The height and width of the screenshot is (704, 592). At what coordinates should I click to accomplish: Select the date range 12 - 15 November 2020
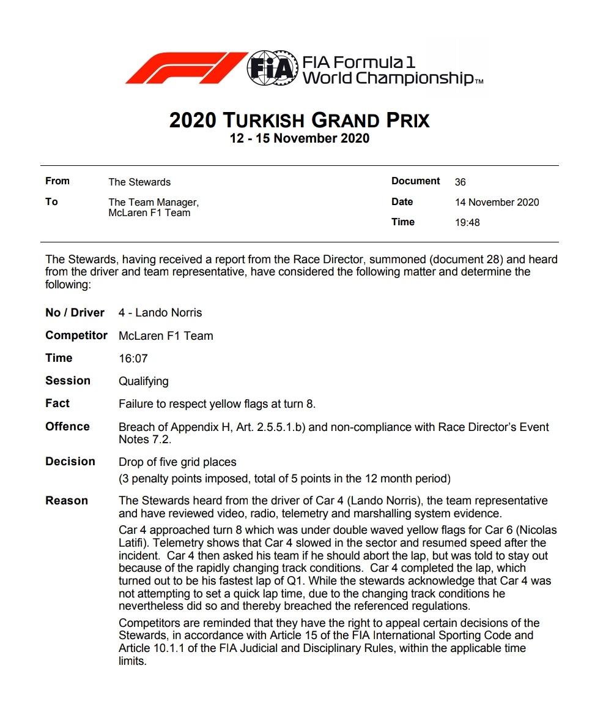(300, 138)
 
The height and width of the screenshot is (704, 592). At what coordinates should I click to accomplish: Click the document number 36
(461, 182)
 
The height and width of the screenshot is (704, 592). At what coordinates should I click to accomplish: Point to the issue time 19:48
(467, 223)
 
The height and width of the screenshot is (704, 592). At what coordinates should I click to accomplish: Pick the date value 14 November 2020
(497, 202)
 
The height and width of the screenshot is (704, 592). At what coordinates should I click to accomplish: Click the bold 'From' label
(57, 181)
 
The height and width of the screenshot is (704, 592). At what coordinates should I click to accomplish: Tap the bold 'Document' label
(415, 181)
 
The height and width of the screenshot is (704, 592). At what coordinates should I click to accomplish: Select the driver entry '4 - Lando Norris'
(160, 313)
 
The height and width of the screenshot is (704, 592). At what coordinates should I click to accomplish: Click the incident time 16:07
(133, 359)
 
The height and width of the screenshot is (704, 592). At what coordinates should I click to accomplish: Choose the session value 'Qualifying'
(143, 381)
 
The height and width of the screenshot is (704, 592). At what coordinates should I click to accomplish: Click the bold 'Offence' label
(67, 427)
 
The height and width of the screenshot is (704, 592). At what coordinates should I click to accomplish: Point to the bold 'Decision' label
(70, 462)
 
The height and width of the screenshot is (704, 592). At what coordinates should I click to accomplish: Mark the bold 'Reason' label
(67, 501)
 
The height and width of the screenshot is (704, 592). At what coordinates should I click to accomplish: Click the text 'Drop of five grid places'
(177, 462)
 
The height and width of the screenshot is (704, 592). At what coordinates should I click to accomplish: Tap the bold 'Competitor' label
(76, 335)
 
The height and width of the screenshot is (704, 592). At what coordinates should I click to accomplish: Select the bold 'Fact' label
(57, 403)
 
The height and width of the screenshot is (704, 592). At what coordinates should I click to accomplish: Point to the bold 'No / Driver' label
(75, 313)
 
